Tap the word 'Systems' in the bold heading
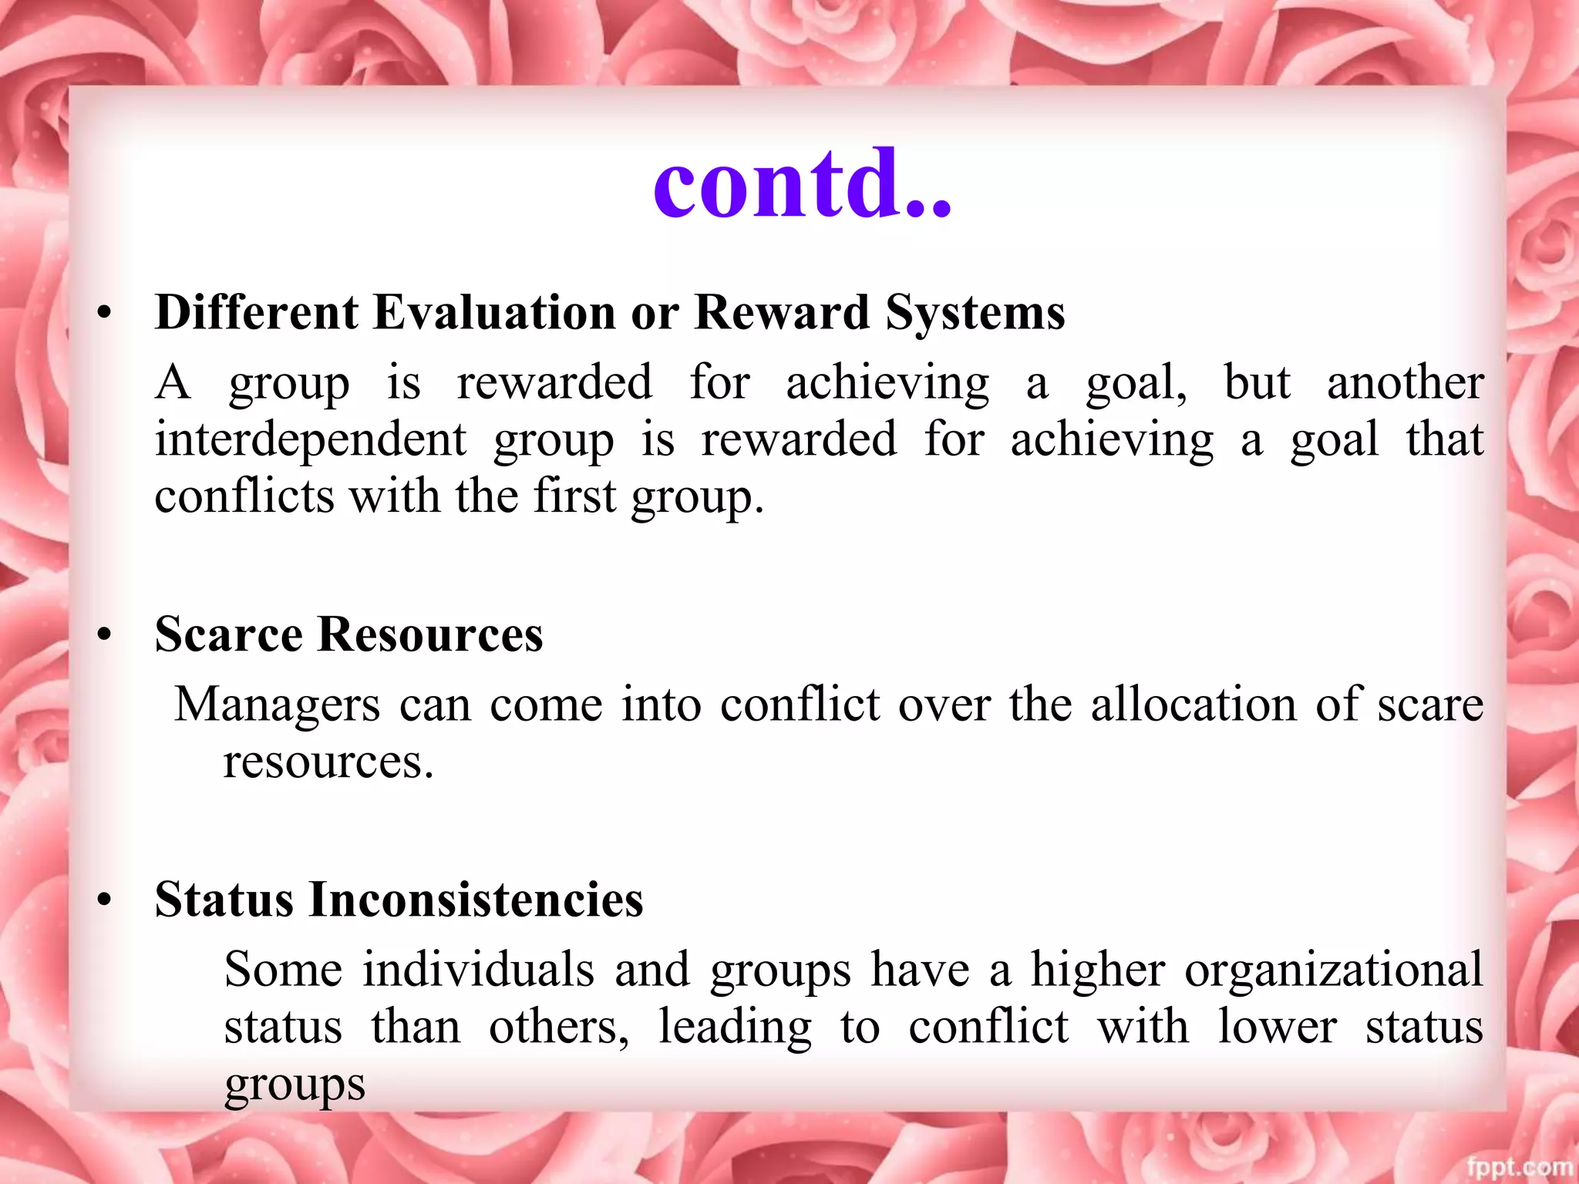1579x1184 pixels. pyautogui.click(x=975, y=313)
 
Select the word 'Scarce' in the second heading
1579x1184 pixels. pyautogui.click(x=229, y=635)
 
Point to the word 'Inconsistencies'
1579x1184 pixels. pyautogui.click(x=476, y=900)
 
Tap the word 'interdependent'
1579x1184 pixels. pyautogui.click(x=311, y=439)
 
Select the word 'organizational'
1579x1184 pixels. pyautogui.click(x=1334, y=970)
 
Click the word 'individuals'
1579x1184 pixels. pyautogui.click(x=479, y=970)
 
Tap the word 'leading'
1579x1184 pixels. pyautogui.click(x=735, y=1028)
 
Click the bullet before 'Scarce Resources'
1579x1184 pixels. pyautogui.click(x=105, y=637)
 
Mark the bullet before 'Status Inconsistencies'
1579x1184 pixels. pyautogui.click(x=105, y=901)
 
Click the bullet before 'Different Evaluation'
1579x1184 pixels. pyautogui.click(x=105, y=314)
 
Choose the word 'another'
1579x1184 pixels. pyautogui.click(x=1405, y=382)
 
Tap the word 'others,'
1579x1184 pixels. pyautogui.click(x=559, y=1028)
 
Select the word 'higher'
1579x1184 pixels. pyautogui.click(x=1098, y=970)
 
